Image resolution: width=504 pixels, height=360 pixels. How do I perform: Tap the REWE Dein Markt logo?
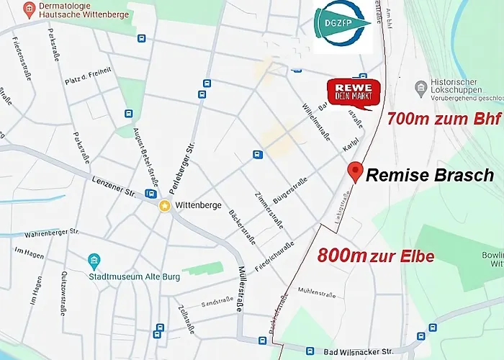coord(354,94)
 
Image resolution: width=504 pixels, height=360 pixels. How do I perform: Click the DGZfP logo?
coord(342,27)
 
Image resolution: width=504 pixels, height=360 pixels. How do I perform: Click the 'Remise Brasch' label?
coord(430,175)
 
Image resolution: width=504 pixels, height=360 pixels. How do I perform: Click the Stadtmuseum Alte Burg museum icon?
coord(94,260)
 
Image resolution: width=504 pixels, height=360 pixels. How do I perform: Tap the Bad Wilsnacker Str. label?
coord(355,351)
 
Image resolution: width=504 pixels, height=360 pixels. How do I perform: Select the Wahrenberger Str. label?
coord(50,233)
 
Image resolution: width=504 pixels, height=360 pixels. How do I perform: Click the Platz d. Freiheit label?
coord(88,72)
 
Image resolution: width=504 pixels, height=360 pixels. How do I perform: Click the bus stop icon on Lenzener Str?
coord(150,193)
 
